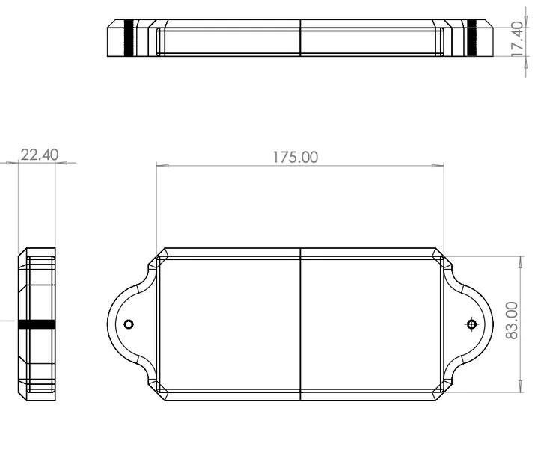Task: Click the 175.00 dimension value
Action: click(295, 158)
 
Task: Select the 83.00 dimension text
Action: click(512, 321)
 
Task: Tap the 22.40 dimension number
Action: click(40, 155)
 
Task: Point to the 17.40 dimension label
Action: click(517, 39)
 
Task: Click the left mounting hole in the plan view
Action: click(129, 324)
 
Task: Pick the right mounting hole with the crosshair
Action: click(472, 324)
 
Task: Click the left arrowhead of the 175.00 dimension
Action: click(162, 166)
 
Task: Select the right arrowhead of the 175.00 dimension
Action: click(438, 166)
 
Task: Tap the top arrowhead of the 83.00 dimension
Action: click(521, 262)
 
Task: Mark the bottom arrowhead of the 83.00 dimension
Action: click(521, 386)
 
